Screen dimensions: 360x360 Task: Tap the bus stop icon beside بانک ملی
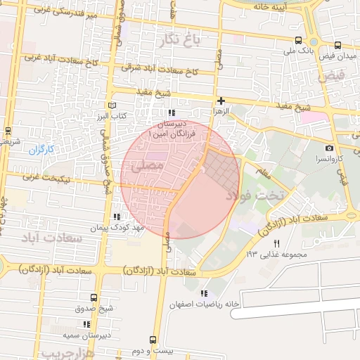click(x=300, y=41)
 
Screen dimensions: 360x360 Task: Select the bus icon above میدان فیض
click(x=337, y=44)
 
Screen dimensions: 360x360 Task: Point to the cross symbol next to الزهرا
click(x=221, y=101)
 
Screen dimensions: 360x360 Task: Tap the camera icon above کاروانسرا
click(x=329, y=148)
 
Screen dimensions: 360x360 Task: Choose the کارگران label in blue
click(x=41, y=149)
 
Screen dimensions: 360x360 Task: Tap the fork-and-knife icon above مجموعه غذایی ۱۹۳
click(x=276, y=243)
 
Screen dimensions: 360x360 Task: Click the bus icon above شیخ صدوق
click(x=95, y=297)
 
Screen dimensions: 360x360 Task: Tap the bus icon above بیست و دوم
click(x=153, y=339)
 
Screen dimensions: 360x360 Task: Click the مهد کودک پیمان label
click(x=116, y=228)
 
